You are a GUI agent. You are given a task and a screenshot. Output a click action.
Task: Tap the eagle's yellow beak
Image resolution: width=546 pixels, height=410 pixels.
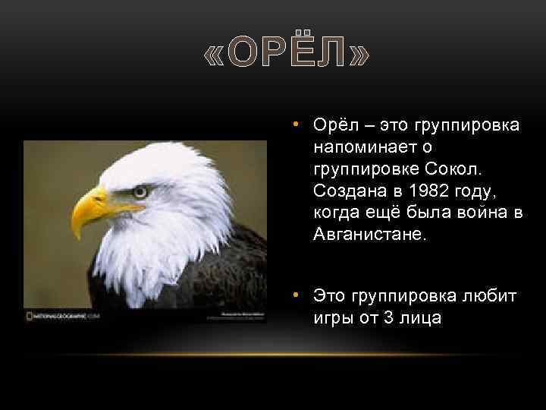point(92,209)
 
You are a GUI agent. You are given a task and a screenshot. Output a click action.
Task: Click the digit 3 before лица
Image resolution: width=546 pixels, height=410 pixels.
point(389,317)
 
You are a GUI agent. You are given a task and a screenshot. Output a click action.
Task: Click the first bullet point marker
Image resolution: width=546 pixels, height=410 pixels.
point(300,124)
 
